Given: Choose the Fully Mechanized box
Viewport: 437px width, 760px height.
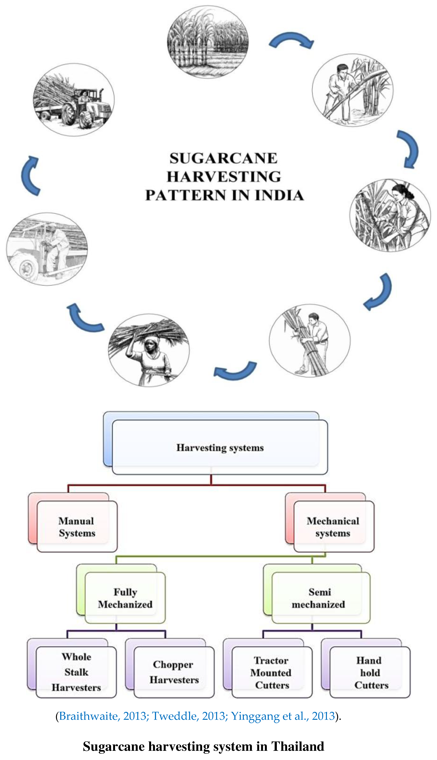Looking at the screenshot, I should pos(125,598).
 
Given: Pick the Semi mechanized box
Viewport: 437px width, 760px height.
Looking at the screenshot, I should pos(319,598).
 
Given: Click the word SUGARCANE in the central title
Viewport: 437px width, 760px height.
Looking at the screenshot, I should pos(224,158).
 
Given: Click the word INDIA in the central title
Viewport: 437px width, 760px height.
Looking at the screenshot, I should pos(279,195).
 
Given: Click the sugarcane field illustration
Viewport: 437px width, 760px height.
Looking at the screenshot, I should pos(208,42).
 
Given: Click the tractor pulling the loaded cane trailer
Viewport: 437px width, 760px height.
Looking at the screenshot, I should pos(73,100).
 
